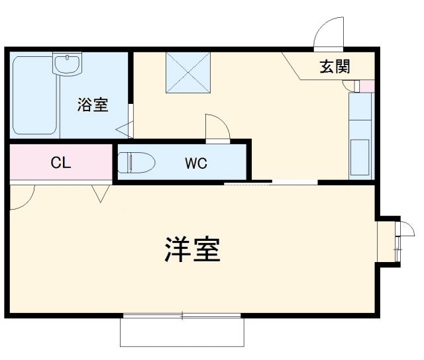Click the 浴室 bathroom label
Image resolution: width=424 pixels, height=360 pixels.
coord(92,105)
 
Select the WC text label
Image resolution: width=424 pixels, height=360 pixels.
coord(195,163)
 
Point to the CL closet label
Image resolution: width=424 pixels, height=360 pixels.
coord(60,163)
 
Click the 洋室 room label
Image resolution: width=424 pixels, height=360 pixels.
coord(191,249)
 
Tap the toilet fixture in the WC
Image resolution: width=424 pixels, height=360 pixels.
coord(136,161)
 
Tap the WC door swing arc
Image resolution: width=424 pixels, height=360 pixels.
coord(216,127)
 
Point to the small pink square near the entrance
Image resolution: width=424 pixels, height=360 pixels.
coord(366,85)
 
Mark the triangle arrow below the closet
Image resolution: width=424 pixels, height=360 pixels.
coord(101,193)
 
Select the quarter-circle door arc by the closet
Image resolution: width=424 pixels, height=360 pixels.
coord(22,197)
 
